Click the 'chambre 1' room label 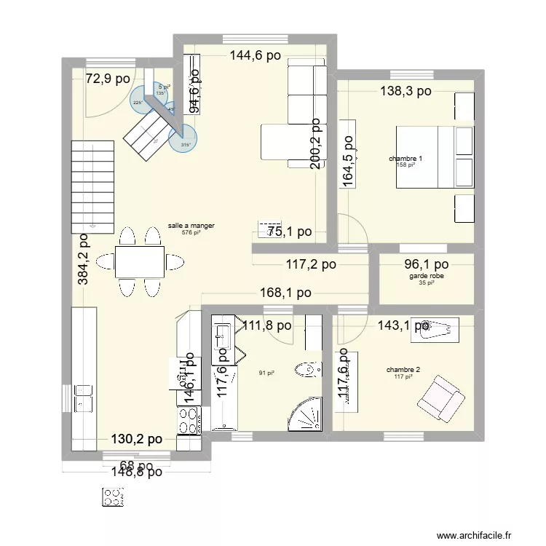405,159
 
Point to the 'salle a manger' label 191,226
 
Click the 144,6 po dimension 256,54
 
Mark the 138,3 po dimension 405,91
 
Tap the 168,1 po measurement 286,293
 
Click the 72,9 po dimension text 109,79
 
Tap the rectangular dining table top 140,261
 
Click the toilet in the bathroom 309,371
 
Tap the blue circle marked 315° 185,137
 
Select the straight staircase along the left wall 93,183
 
